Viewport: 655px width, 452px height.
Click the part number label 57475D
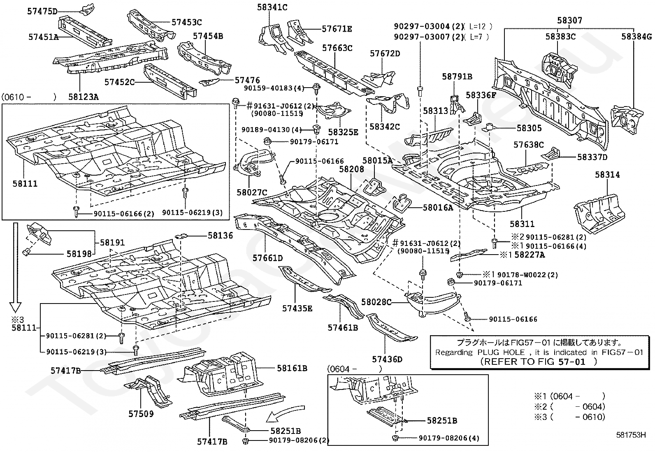(42, 12)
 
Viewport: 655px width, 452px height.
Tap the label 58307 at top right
(569, 21)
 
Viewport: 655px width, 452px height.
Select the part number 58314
(607, 175)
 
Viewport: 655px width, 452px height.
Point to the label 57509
(141, 414)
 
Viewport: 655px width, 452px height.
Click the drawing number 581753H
(631, 435)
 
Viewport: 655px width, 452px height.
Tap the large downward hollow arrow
(16, 267)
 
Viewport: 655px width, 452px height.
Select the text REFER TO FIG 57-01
(534, 362)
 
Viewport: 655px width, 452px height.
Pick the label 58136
(221, 236)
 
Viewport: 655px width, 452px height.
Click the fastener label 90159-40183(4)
(274, 88)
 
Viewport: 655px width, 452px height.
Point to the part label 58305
(529, 128)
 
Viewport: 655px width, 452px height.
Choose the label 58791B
(457, 76)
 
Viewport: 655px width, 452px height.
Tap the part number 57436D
(387, 359)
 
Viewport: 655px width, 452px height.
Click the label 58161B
(292, 369)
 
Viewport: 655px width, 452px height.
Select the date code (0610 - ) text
(29, 97)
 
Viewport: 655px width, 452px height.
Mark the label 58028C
(376, 302)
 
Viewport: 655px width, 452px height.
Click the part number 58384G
(636, 37)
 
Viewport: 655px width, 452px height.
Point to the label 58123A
(84, 97)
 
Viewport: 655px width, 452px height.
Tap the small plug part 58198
(27, 252)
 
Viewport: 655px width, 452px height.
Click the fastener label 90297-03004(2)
(429, 27)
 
